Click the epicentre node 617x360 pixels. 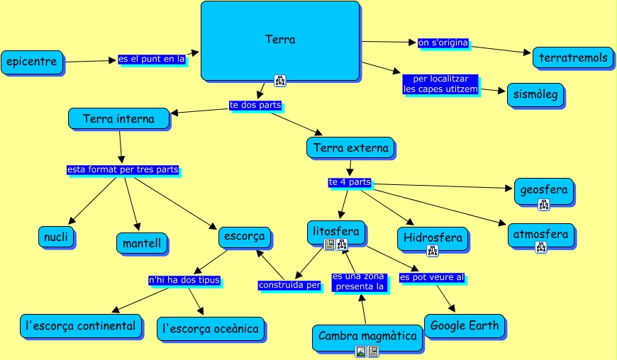31,62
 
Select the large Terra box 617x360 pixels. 280,40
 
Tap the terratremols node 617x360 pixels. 574,57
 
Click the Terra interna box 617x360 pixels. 118,118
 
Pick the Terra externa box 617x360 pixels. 350,148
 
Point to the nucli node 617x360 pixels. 56,237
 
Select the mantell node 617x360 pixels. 142,244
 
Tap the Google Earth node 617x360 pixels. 465,326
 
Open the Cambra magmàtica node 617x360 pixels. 367,336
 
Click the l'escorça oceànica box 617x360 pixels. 211,328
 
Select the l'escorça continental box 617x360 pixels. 80,326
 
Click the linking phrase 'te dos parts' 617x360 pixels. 255,105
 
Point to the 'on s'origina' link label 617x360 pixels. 443,43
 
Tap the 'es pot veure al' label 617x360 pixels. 432,277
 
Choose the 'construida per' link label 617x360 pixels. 289,286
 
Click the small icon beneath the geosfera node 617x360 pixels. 544,205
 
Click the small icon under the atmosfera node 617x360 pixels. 541,247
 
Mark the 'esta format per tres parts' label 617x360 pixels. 122,170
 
